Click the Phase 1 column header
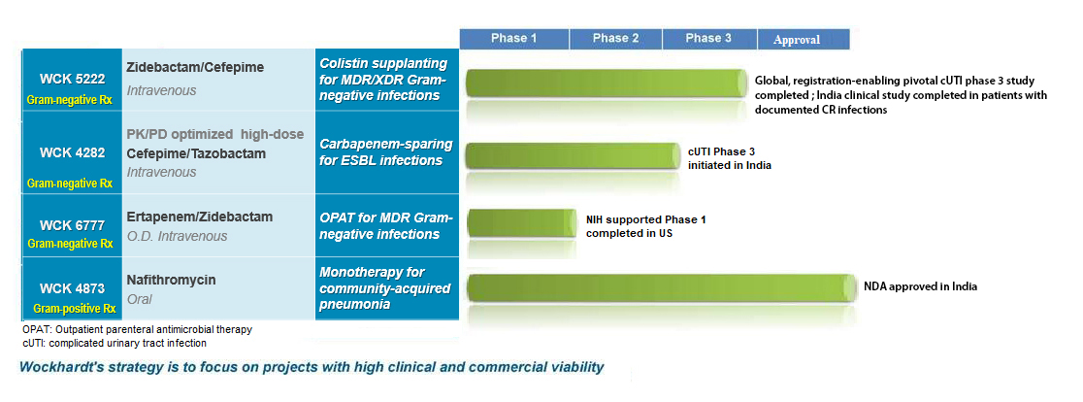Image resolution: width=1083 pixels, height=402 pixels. coord(513,39)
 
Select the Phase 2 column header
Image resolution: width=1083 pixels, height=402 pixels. coord(615,39)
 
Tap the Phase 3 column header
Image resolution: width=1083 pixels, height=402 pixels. coord(708,39)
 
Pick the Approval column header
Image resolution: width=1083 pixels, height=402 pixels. coord(797,40)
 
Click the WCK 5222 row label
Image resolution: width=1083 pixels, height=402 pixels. coord(70,79)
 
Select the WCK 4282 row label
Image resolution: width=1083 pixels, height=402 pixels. coord(70,152)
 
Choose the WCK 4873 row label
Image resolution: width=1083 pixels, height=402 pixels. coord(70,288)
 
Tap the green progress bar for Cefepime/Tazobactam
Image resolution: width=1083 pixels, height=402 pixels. coord(574,155)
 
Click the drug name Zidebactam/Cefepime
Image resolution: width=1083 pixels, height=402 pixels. coord(195,68)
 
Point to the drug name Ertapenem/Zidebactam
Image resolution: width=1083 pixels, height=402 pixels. coord(200,217)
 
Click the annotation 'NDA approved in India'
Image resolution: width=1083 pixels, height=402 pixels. coord(921,286)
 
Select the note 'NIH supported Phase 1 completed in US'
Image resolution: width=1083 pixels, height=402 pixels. coord(645,226)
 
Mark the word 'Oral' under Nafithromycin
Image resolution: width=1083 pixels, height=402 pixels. coord(140,300)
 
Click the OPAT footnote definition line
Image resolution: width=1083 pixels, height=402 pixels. coord(137,329)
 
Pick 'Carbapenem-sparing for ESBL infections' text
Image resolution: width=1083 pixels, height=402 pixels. coord(386,152)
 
